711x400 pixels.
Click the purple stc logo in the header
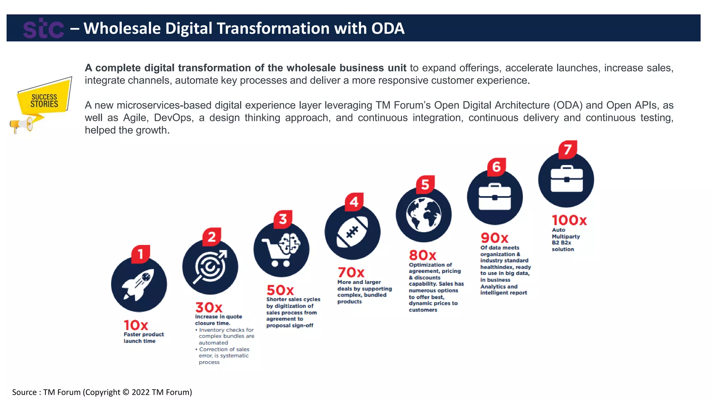(43, 28)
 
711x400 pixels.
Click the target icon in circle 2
(210, 267)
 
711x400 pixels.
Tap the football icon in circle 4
(352, 232)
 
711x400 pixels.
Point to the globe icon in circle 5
(424, 215)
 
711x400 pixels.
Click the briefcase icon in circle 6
(495, 197)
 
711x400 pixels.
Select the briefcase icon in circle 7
(566, 180)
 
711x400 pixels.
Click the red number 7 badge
(568, 150)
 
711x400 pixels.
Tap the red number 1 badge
(141, 254)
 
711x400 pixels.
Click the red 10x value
(136, 325)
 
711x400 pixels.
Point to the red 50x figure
(280, 290)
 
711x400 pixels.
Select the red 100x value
(569, 220)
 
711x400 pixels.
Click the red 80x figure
(423, 255)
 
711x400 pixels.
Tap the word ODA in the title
(388, 28)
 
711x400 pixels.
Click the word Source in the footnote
(24, 392)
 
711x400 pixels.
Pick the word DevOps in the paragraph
(173, 118)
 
